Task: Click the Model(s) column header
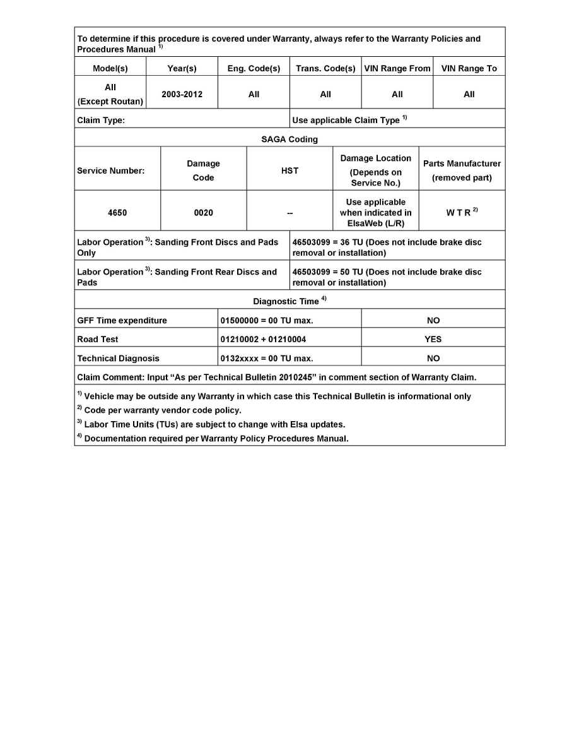110,68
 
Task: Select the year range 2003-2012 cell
182,94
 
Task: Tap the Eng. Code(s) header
254,68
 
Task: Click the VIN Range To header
469,68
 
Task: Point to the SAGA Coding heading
289,139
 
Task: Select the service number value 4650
117,213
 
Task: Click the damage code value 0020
203,213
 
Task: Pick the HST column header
289,170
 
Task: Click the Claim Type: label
101,120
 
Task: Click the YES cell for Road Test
433,339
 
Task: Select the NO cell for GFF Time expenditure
433,320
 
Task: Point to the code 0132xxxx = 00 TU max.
266,358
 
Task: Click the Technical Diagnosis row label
118,358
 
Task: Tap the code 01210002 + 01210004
263,339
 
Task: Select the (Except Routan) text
110,101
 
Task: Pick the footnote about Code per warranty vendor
162,410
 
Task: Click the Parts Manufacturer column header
462,170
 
